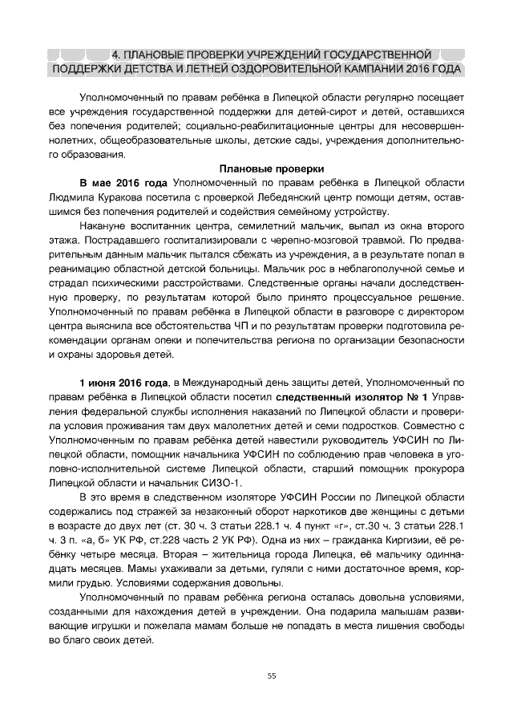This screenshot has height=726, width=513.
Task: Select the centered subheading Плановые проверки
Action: pos(272,168)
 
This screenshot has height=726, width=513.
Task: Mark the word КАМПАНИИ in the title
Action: pos(371,69)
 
